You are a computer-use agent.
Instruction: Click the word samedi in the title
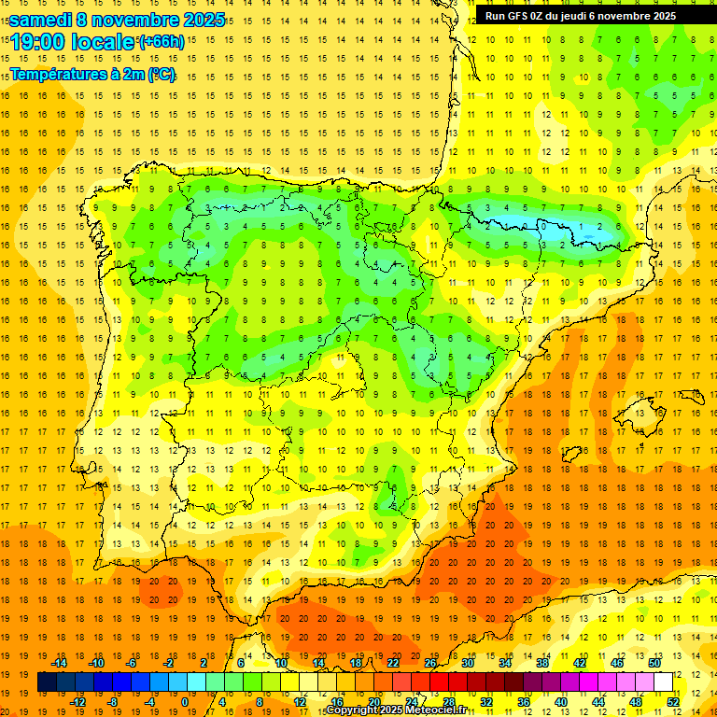point(39,20)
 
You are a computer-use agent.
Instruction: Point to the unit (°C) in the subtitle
point(161,75)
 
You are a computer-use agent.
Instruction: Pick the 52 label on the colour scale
point(672,702)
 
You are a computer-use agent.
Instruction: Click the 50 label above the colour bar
point(654,663)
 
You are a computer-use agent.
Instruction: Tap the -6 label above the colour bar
point(132,663)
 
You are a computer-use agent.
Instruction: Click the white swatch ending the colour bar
point(664,682)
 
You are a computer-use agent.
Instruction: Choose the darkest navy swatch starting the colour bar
point(47,682)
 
